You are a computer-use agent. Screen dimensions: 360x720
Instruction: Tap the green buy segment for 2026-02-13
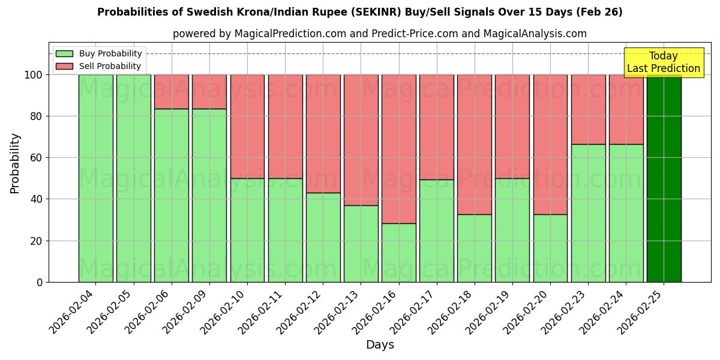click(x=361, y=244)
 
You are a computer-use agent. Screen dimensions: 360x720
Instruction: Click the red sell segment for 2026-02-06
click(x=171, y=92)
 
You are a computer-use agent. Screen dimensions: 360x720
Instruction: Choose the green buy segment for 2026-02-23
click(x=588, y=213)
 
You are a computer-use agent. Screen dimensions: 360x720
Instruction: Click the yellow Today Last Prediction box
click(x=663, y=62)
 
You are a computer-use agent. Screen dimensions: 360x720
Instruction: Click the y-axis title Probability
click(x=16, y=163)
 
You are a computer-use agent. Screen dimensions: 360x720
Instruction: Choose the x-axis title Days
click(x=380, y=345)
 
